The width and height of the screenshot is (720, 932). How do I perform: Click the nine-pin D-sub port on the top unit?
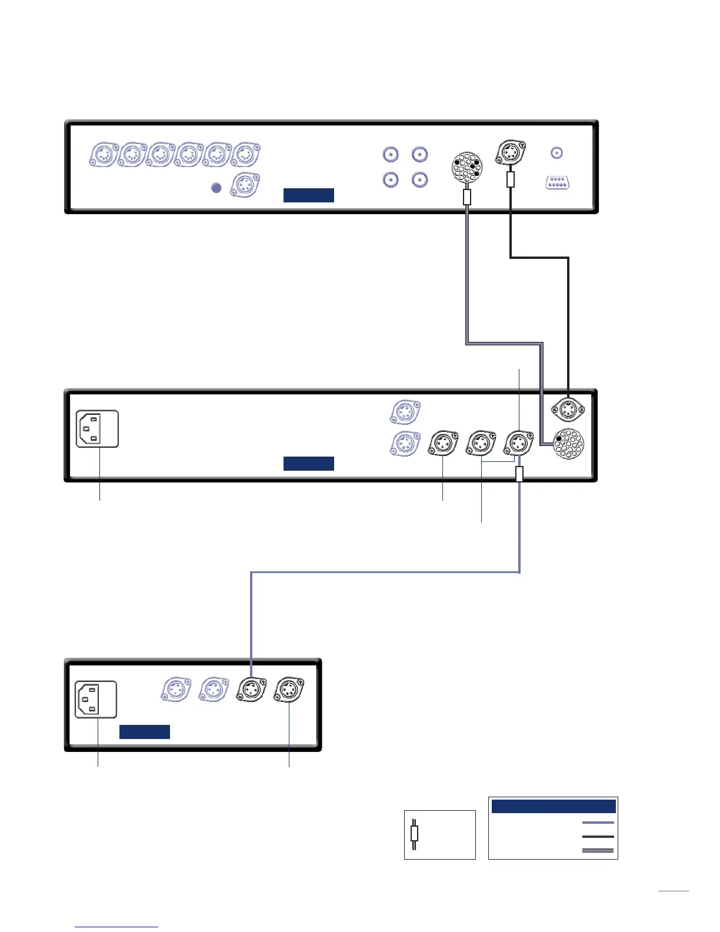[x=556, y=182]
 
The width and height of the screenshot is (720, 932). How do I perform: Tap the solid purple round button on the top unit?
[x=216, y=187]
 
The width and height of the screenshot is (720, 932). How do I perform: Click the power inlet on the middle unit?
[x=98, y=428]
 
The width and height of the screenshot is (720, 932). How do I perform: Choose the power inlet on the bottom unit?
[x=96, y=700]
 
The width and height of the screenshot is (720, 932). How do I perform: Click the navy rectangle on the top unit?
[x=308, y=195]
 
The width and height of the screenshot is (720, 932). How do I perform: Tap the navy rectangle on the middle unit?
[x=308, y=464]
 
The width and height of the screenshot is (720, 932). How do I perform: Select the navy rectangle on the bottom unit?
[x=145, y=731]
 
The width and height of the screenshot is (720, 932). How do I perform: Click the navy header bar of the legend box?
[x=553, y=806]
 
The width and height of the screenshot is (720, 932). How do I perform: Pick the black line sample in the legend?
[x=598, y=836]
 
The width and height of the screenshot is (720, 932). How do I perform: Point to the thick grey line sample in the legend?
[x=598, y=850]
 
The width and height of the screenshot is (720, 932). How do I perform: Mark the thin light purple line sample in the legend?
[x=598, y=823]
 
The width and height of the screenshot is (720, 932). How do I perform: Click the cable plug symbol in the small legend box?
[x=414, y=834]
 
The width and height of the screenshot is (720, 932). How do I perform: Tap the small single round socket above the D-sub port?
[x=556, y=153]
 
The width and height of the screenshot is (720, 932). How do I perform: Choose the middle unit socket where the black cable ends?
[x=567, y=410]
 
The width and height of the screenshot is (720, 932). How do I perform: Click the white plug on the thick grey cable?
[x=467, y=197]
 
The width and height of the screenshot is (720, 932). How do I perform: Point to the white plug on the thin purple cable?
[x=519, y=474]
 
